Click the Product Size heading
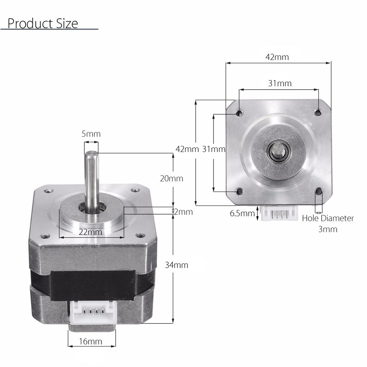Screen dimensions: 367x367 coord(42,24)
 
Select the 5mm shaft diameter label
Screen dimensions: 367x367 coord(91,134)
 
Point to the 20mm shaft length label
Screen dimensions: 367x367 coord(171,178)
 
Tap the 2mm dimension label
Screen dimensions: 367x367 coord(183,212)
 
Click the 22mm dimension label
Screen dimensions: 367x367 coord(90,232)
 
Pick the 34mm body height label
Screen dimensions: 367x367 coord(176,265)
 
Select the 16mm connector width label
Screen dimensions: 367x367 coord(90,342)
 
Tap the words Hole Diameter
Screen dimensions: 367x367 coord(328,218)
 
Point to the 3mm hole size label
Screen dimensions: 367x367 coord(328,229)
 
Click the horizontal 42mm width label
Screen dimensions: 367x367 coord(277,57)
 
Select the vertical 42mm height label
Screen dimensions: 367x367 coord(187,149)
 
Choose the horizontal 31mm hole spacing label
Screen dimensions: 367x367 coord(280,84)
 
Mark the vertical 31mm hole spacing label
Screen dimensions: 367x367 coord(214,149)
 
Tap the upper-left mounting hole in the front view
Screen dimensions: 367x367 coord(239,113)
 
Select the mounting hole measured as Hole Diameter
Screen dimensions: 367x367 coord(318,192)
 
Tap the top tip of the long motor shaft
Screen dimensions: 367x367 coord(91,153)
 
